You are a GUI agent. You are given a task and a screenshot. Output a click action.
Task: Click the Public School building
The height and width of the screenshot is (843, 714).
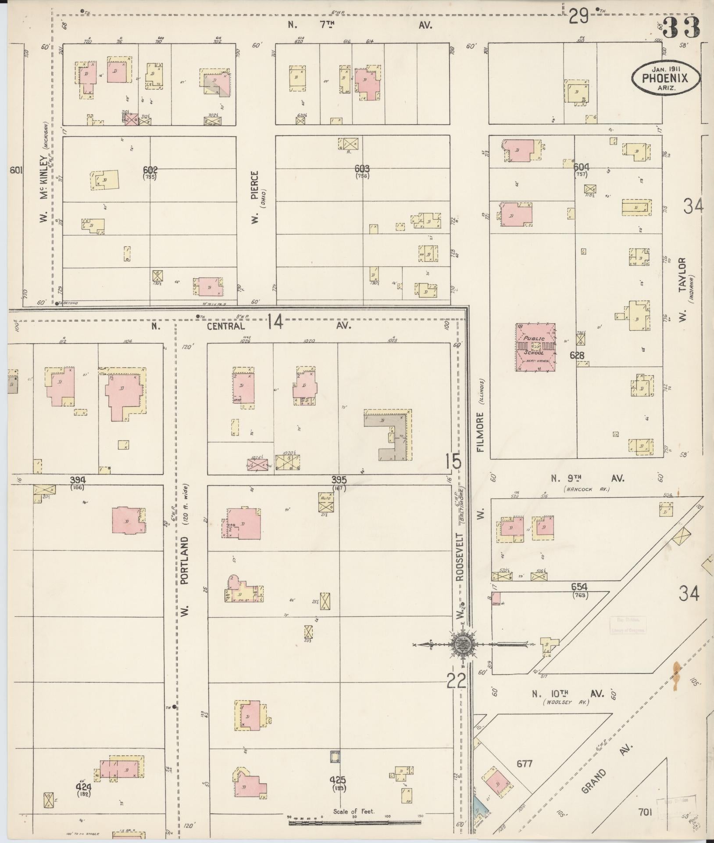pos(535,347)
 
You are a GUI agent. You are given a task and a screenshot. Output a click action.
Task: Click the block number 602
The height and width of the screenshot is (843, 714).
pos(150,170)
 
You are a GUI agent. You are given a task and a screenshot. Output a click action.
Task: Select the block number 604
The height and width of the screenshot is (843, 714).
pos(581,167)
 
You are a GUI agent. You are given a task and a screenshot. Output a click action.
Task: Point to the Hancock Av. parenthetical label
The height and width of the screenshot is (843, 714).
pos(582,489)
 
